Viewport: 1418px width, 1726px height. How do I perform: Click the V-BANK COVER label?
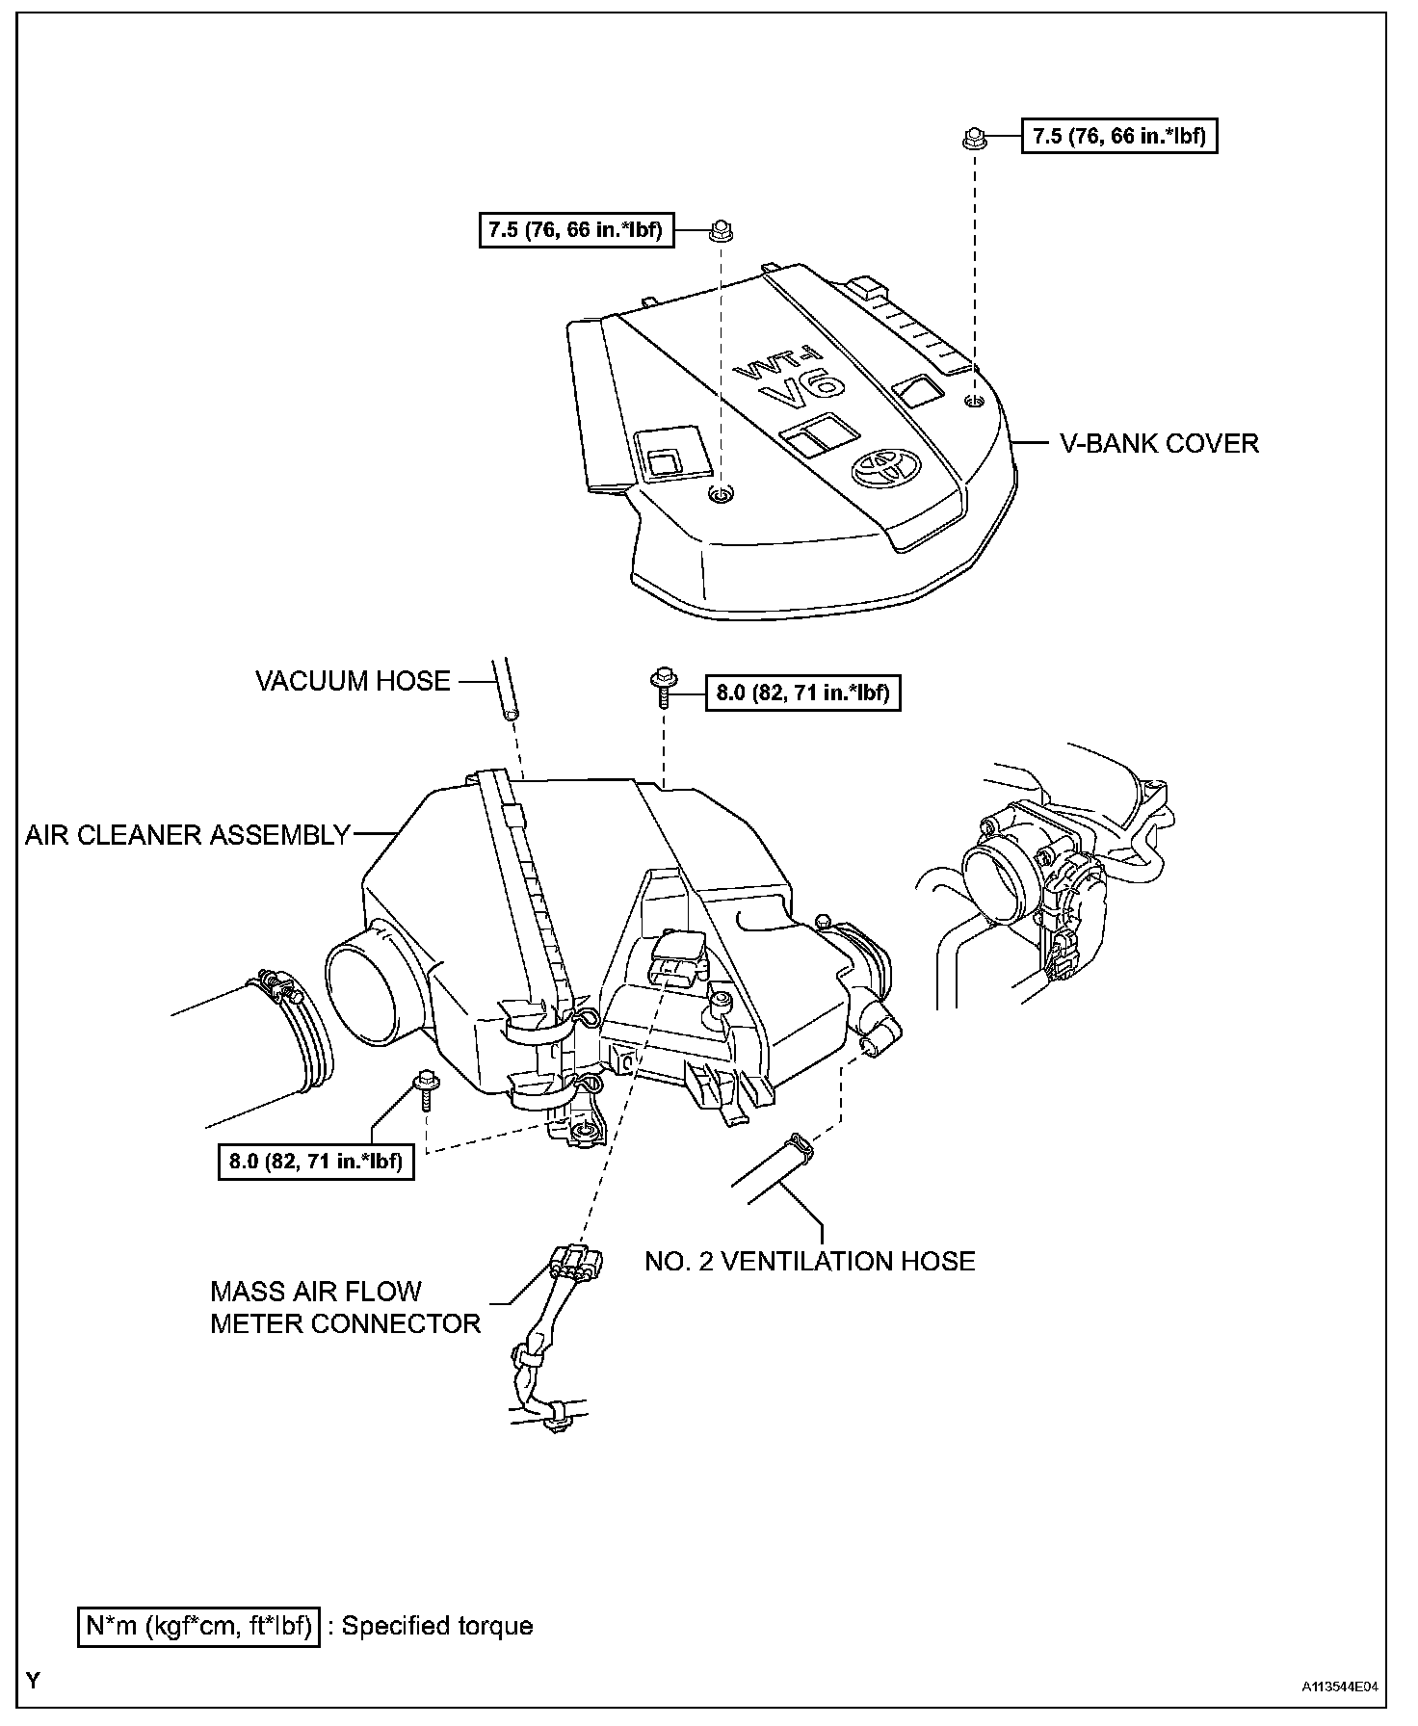(1159, 444)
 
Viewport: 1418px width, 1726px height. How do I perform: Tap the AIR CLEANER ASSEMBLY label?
(187, 835)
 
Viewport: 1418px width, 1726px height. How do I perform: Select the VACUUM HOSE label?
(353, 681)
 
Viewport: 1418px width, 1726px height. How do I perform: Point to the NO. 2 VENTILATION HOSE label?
(809, 1261)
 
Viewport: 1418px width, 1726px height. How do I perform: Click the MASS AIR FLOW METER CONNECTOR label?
(345, 1307)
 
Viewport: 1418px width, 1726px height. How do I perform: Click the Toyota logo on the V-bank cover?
(882, 469)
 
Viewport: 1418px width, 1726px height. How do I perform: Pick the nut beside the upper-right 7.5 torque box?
(972, 138)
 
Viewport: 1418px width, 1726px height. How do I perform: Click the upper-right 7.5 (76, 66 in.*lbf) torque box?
(1119, 136)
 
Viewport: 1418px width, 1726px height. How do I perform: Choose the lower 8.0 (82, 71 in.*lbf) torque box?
(316, 1161)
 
